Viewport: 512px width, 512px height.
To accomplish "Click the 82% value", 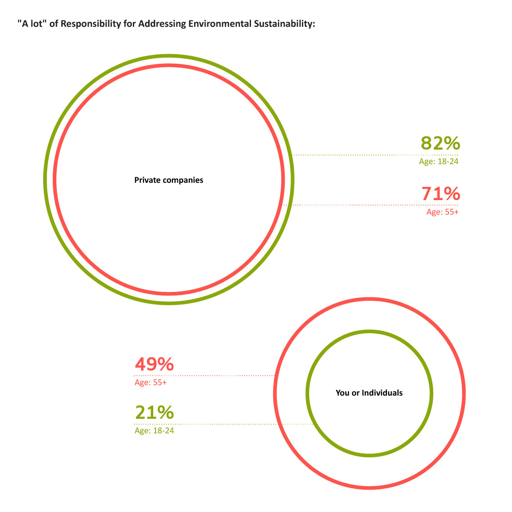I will click(x=440, y=143).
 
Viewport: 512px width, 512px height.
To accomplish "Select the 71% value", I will click(x=441, y=194).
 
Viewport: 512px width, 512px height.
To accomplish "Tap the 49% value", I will click(x=154, y=364).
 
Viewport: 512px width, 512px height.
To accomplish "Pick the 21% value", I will click(x=154, y=412).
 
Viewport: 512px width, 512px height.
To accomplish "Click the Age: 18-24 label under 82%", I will click(x=438, y=161).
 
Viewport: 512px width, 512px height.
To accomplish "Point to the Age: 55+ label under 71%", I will click(x=442, y=212).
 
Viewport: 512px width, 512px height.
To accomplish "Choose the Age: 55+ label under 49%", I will click(x=151, y=383).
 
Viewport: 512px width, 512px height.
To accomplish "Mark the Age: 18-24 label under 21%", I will click(x=154, y=431).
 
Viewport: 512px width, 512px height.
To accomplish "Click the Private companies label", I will click(x=169, y=180).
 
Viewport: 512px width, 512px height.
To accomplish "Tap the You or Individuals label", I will click(x=369, y=393).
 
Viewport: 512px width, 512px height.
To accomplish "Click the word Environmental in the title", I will click(x=217, y=24).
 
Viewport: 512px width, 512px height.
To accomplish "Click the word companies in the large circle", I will click(x=184, y=180).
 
